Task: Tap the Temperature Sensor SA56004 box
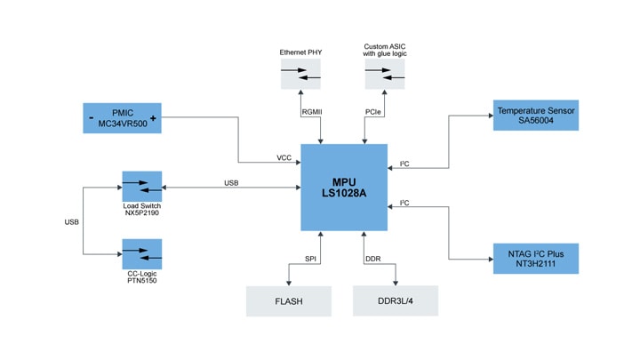click(x=536, y=116)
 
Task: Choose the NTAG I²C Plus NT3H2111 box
click(x=536, y=258)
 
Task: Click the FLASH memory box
click(x=288, y=301)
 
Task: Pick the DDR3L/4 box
click(x=395, y=301)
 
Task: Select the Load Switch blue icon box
click(x=141, y=187)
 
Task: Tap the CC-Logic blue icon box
click(x=141, y=254)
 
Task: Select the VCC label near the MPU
click(x=284, y=158)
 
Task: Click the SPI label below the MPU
click(x=311, y=258)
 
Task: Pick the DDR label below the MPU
click(x=372, y=258)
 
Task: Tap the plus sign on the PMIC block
click(x=154, y=118)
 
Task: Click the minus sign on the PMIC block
click(x=90, y=118)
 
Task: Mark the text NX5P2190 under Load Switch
click(x=141, y=213)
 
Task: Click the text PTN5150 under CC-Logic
click(x=141, y=281)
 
